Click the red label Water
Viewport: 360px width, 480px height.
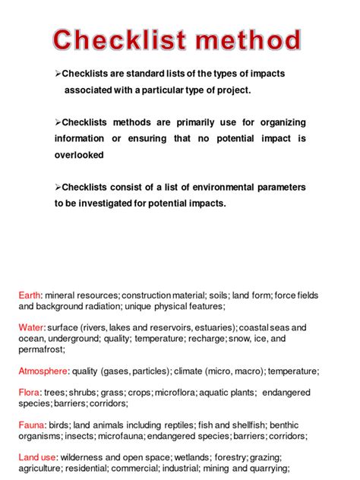31,327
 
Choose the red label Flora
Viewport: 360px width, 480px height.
30,393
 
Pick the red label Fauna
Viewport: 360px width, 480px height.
32,425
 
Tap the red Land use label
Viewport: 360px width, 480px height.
37,457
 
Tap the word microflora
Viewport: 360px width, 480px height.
176,393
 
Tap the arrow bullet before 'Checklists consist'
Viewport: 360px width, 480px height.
58,187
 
